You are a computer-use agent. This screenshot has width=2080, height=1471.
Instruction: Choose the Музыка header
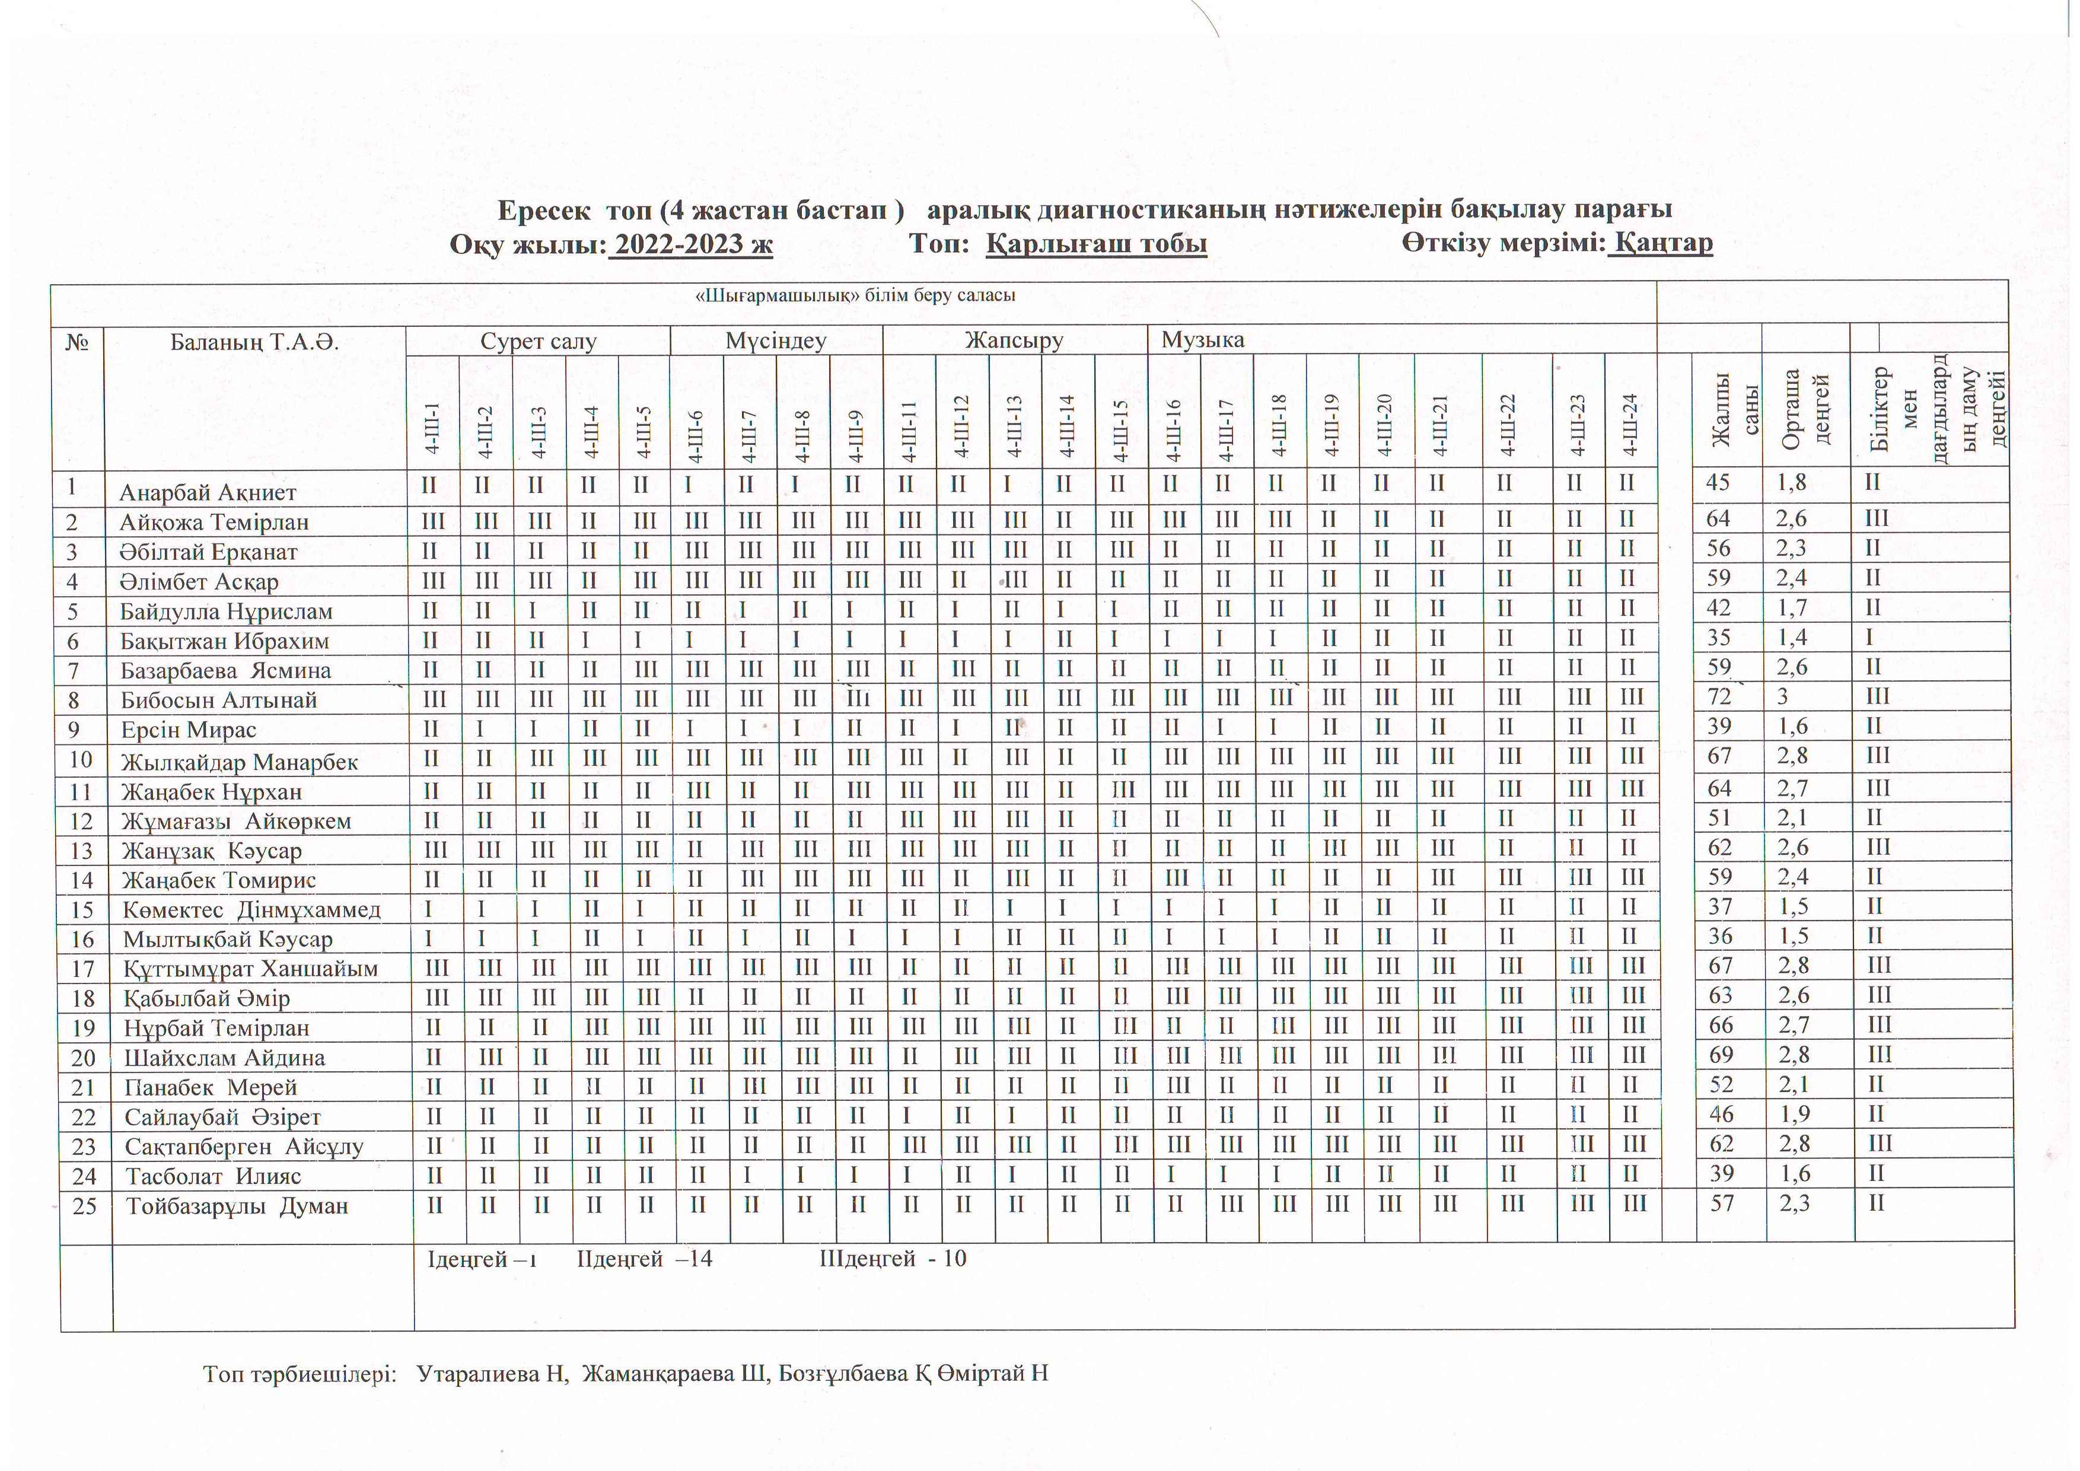(x=1202, y=340)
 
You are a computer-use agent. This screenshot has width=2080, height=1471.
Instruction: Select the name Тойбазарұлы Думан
(x=237, y=1206)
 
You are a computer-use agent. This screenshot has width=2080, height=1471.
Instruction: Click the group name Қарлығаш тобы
(x=1096, y=244)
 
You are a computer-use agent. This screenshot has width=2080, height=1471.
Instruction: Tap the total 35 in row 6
(x=1719, y=638)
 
